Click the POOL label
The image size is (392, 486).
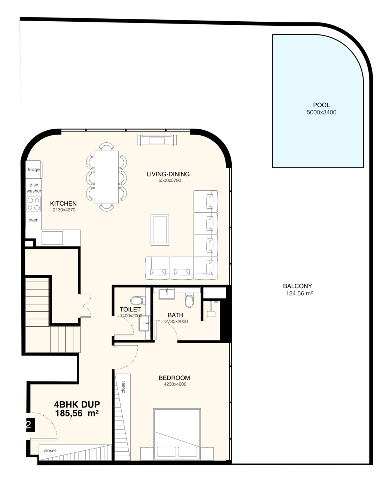coord(321,105)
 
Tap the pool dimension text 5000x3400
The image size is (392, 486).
coord(322,112)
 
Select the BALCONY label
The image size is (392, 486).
coord(297,286)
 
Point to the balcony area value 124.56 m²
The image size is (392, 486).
coord(299,293)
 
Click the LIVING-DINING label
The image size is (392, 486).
coord(168,174)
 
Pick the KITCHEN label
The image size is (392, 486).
coord(63,203)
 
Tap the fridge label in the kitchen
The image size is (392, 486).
coord(34,169)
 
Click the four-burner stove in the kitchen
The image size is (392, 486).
coord(33,204)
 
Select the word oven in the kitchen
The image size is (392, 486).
coord(33,220)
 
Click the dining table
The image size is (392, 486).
coord(107,177)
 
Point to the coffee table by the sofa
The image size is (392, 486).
coord(160,230)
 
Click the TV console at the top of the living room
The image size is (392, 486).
coord(157,140)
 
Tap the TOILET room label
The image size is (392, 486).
coord(130,310)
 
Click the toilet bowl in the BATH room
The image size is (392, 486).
coord(189,300)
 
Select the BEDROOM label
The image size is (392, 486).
coord(174,378)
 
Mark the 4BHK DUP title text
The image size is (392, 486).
coord(77,404)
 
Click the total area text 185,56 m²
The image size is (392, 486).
coord(77,413)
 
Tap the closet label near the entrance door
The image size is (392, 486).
coord(50,450)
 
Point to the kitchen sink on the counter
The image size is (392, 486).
coord(52,238)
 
